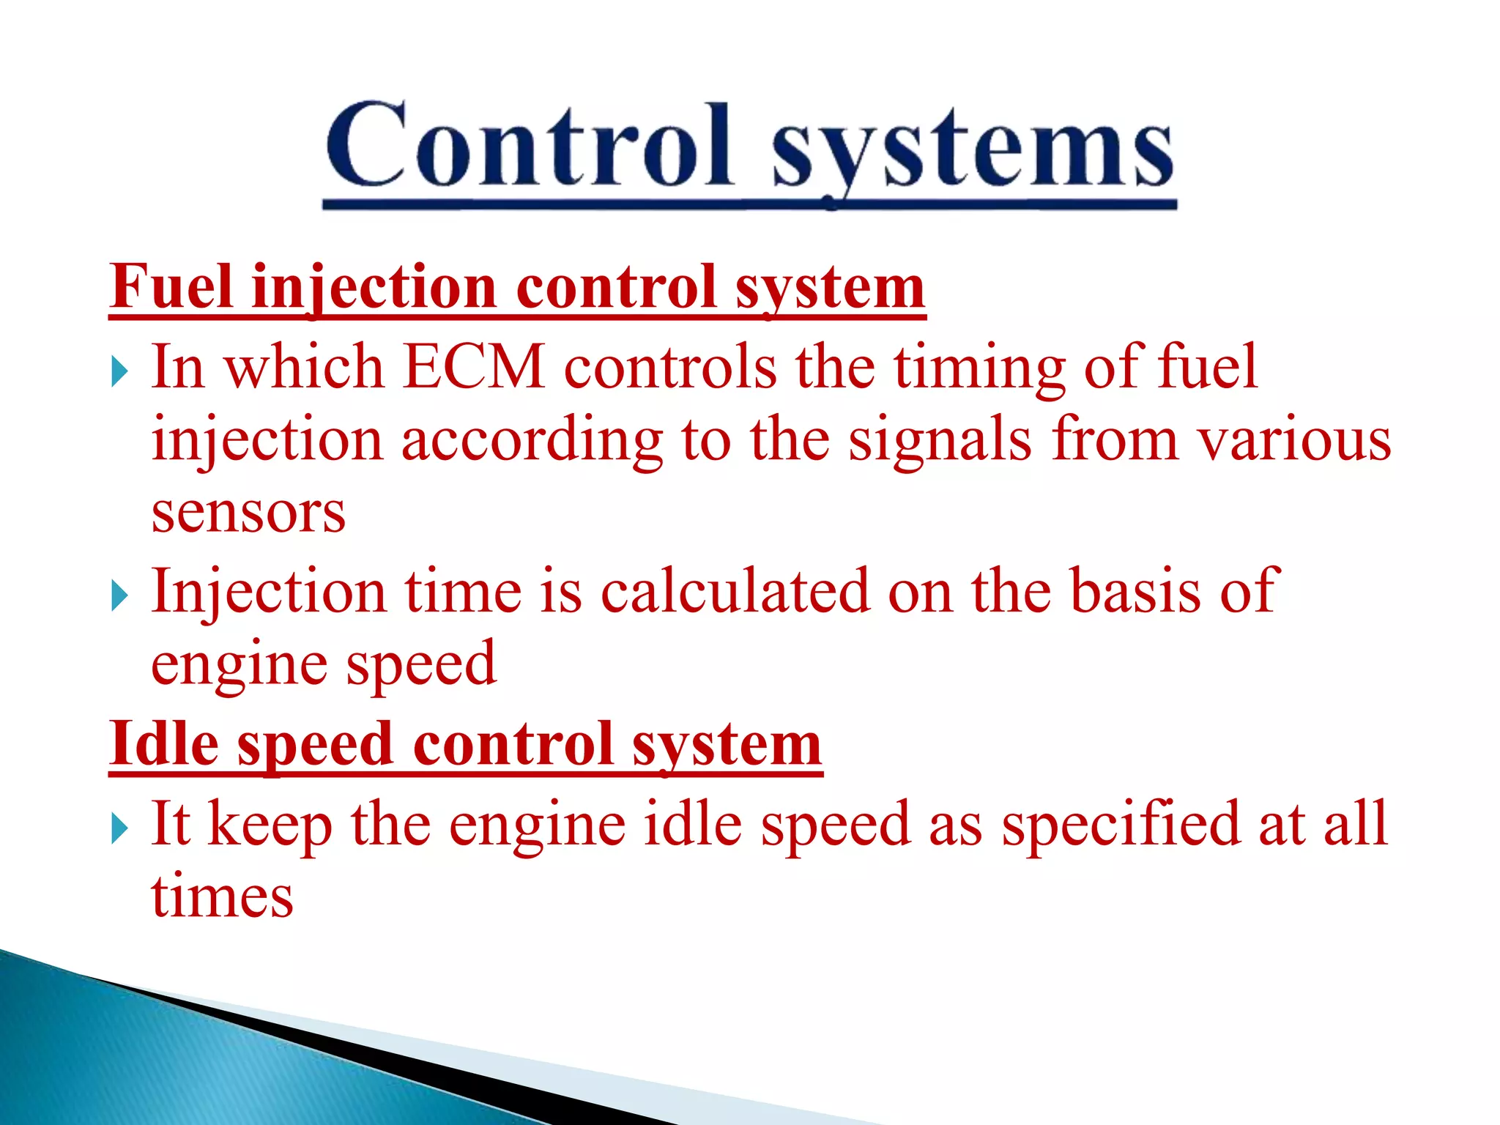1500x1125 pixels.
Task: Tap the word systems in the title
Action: [x=973, y=150]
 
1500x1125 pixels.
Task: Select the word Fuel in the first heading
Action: [x=173, y=287]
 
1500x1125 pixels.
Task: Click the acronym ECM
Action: [x=474, y=367]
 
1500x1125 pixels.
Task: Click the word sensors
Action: [x=248, y=512]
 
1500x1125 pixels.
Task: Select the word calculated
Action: [x=735, y=591]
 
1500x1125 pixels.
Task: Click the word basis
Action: [x=1135, y=591]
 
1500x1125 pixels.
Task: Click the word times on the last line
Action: [x=223, y=896]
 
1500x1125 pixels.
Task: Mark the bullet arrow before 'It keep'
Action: [x=119, y=829]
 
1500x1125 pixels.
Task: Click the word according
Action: [x=532, y=442]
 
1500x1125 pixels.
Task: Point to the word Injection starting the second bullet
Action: [x=268, y=593]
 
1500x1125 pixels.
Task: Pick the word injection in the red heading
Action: [x=374, y=289]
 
